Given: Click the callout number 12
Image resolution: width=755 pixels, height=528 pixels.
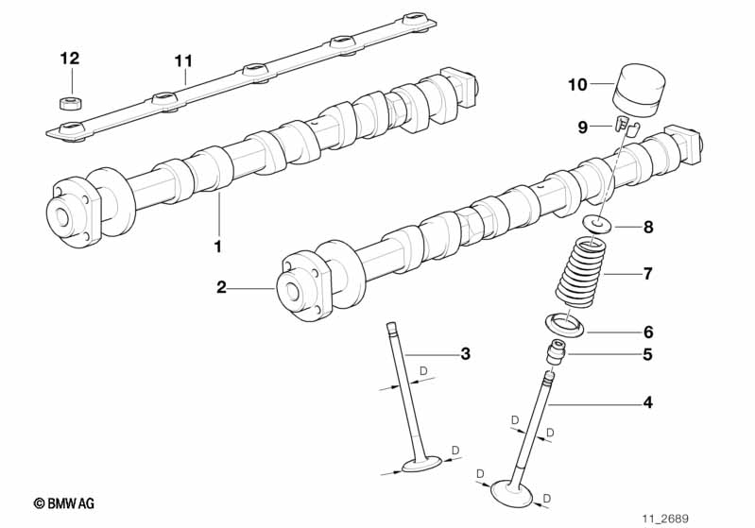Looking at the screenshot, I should [x=69, y=59].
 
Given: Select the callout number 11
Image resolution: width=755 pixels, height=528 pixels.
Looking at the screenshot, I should [x=182, y=61].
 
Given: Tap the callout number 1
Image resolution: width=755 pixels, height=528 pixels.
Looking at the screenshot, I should [x=217, y=247].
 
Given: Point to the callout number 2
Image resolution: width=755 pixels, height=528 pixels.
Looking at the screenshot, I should [x=221, y=287].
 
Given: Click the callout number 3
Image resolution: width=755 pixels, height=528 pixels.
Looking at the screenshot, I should [x=464, y=354].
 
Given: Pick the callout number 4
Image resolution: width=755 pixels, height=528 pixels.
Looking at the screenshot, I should [x=647, y=402].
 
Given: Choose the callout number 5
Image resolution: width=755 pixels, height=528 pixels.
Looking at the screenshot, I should [x=647, y=355].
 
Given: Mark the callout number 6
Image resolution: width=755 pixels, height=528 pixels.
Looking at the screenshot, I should [x=647, y=332].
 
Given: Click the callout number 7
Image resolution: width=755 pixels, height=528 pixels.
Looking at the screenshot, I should [x=647, y=275].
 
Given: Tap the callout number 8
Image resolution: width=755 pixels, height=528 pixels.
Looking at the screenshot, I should [x=647, y=228].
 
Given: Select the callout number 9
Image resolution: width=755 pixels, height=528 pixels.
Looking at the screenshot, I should [x=583, y=126].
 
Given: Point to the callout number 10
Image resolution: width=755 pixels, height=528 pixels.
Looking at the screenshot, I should [x=577, y=85].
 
